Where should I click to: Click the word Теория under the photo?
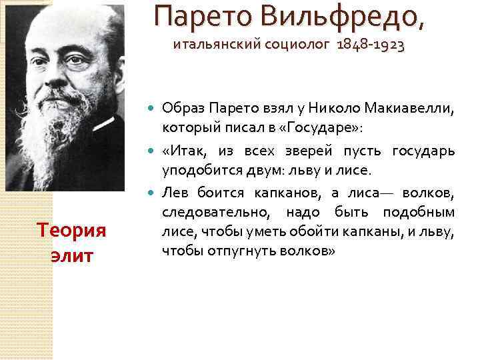coord(71,231)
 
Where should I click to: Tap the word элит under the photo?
coord(71,256)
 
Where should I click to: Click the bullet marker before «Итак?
coord(150,152)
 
